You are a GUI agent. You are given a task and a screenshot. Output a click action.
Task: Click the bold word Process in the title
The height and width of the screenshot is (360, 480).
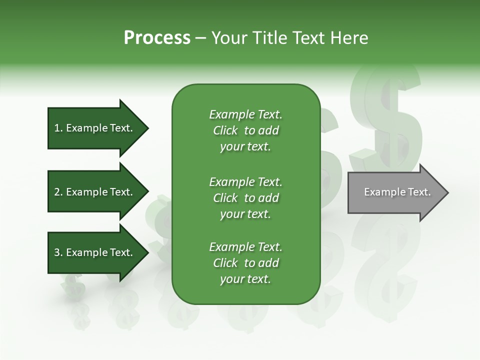click(157, 38)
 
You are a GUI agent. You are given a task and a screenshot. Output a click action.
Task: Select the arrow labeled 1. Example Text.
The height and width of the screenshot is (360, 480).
click(97, 128)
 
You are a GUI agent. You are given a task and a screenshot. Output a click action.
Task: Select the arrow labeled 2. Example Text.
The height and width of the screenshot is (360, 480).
click(97, 192)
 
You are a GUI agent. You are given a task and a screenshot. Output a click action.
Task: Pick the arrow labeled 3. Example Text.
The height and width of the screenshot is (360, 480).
click(97, 252)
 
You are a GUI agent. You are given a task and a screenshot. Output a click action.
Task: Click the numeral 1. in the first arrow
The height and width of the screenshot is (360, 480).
click(58, 128)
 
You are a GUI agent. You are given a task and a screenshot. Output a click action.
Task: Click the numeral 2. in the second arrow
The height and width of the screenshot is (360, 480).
click(58, 192)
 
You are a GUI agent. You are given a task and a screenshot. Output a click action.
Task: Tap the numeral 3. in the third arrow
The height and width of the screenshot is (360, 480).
click(58, 252)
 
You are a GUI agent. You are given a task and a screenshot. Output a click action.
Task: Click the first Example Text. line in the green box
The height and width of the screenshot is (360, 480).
click(245, 114)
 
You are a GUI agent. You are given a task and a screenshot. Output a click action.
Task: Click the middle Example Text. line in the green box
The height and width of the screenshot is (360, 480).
click(245, 181)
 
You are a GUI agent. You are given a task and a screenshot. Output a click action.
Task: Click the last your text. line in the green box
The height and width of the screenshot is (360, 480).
click(245, 279)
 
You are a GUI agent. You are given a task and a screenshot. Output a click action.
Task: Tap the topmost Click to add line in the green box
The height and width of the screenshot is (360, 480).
click(245, 130)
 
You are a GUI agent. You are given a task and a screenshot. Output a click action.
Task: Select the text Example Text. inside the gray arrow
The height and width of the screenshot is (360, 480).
click(397, 192)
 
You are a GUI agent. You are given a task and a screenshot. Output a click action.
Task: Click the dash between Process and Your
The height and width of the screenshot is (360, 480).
click(201, 38)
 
